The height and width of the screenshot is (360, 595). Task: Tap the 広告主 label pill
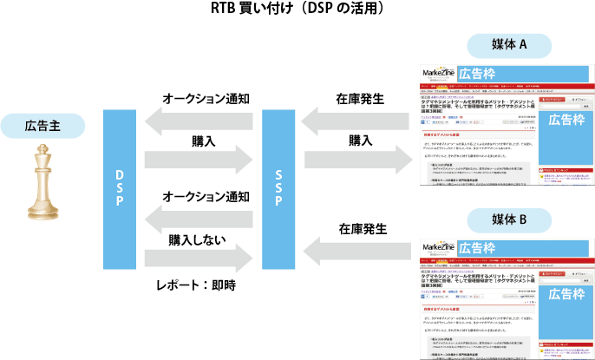pos(43,126)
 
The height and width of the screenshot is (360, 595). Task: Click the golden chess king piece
pos(43,181)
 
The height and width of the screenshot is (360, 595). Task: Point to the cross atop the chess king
pos(43,150)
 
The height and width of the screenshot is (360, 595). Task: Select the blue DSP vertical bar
pos(120,184)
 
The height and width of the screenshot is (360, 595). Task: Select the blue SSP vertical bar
pos(275,184)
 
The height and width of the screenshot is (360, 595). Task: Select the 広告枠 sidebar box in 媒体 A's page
pos(566,119)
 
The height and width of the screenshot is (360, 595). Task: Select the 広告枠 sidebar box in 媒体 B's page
pos(566,294)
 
